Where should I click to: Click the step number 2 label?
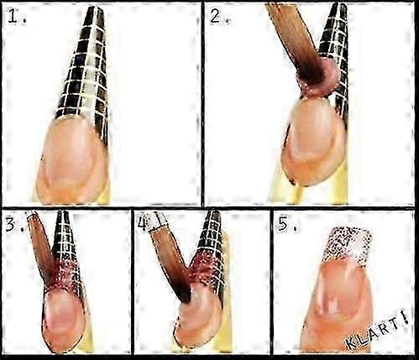pos(219,17)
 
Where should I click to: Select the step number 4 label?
pos(145,223)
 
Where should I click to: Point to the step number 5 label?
pos(288,224)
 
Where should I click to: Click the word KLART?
pos(377,331)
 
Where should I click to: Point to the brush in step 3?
pos(41,246)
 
